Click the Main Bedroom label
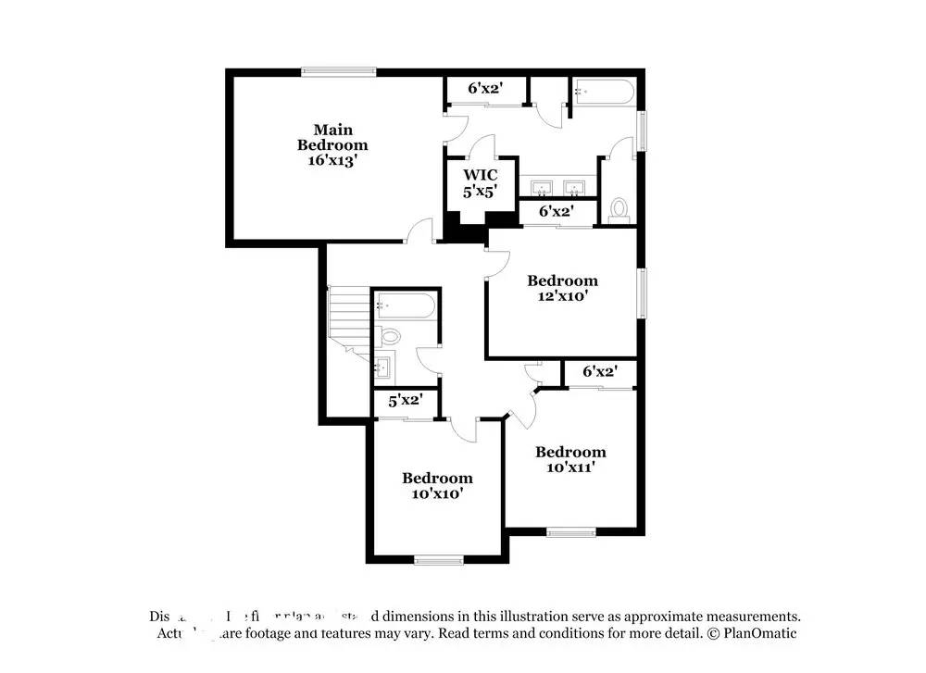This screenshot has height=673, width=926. tap(332, 137)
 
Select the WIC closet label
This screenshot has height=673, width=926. tap(481, 175)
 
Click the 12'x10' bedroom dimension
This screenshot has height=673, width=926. tap(562, 296)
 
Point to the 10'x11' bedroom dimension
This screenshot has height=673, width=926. tap(570, 467)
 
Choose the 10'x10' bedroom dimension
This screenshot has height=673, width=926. tap(437, 493)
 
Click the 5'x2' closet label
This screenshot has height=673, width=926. tap(406, 401)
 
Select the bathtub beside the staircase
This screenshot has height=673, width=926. tap(406, 305)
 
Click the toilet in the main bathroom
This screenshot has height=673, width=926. tap(619, 210)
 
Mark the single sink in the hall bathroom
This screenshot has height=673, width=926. tap(383, 367)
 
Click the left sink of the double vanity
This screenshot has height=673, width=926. tap(539, 188)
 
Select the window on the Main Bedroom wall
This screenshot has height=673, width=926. tap(338, 71)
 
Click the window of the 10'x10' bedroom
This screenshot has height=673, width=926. tap(438, 559)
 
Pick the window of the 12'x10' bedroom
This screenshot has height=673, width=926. tap(641, 293)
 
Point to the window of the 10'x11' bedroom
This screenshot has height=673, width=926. tap(570, 531)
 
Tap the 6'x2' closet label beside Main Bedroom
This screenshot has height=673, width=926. tap(484, 89)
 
